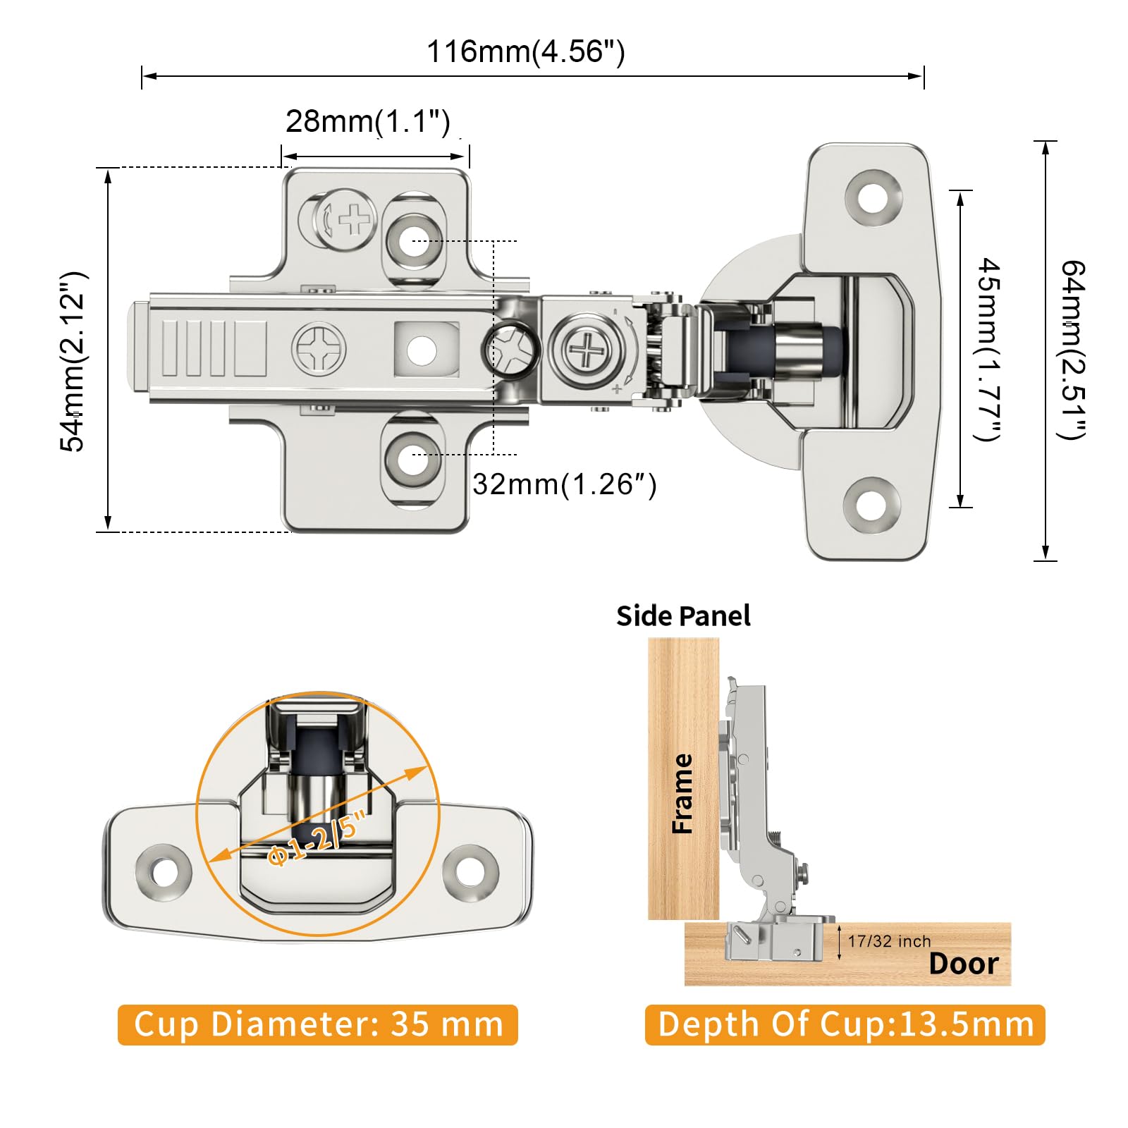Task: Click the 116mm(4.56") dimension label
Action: coord(526,52)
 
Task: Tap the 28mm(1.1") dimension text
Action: coord(367,121)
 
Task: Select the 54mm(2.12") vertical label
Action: coord(73,361)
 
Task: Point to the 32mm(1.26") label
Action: coord(564,484)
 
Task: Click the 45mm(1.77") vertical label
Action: coord(988,349)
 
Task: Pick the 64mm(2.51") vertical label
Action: coord(1073,350)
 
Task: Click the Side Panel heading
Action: coord(683,616)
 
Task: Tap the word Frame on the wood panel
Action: coord(682,793)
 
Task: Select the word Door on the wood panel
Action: coord(964,964)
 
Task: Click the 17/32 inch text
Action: coord(889,941)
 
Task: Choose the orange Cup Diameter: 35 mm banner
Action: coord(318,1025)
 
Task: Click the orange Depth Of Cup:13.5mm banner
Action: coord(845,1025)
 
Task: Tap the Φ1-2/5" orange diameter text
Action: coord(317,838)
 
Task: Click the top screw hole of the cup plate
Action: coord(873,198)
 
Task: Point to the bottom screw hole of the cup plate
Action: coord(871,505)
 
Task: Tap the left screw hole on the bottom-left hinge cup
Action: coord(164,871)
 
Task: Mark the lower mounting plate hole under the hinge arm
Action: coord(412,459)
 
